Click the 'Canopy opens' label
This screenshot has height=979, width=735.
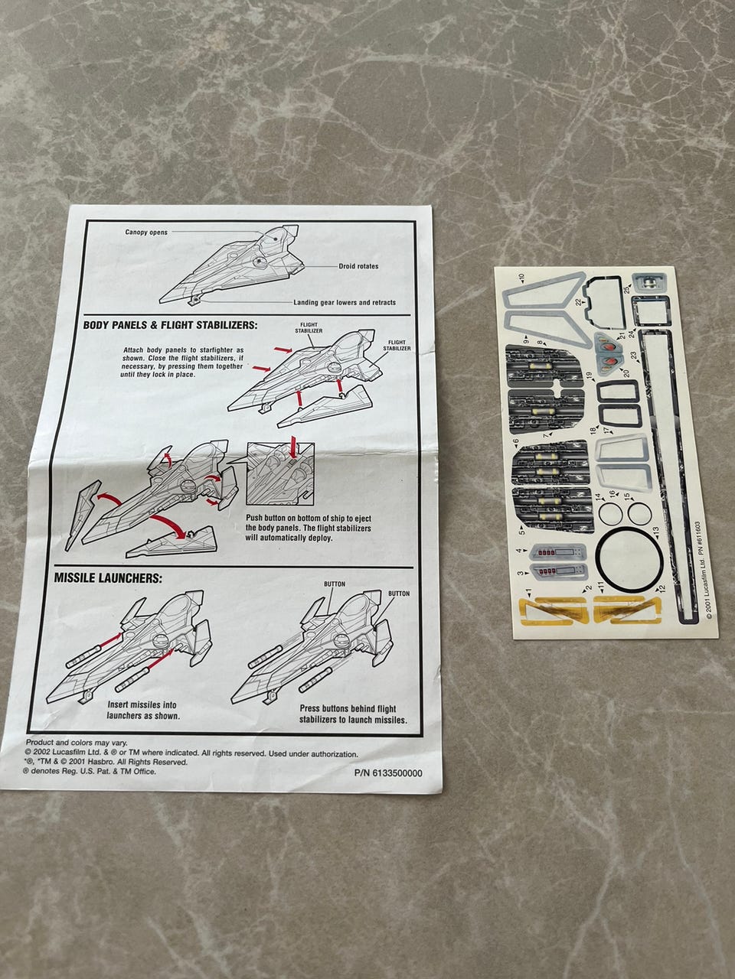pyautogui.click(x=146, y=232)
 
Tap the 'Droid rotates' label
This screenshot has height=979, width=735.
pyautogui.click(x=358, y=266)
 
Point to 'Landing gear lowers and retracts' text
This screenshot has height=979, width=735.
pyautogui.click(x=345, y=302)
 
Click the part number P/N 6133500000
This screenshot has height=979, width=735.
pyautogui.click(x=388, y=772)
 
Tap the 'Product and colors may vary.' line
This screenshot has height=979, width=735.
pyautogui.click(x=77, y=743)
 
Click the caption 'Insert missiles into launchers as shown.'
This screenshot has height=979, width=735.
pyautogui.click(x=143, y=711)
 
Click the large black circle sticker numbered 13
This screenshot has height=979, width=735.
pyautogui.click(x=628, y=559)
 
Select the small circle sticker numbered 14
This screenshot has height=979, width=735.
pyautogui.click(x=609, y=513)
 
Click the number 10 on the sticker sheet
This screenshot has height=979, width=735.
pyautogui.click(x=521, y=280)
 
